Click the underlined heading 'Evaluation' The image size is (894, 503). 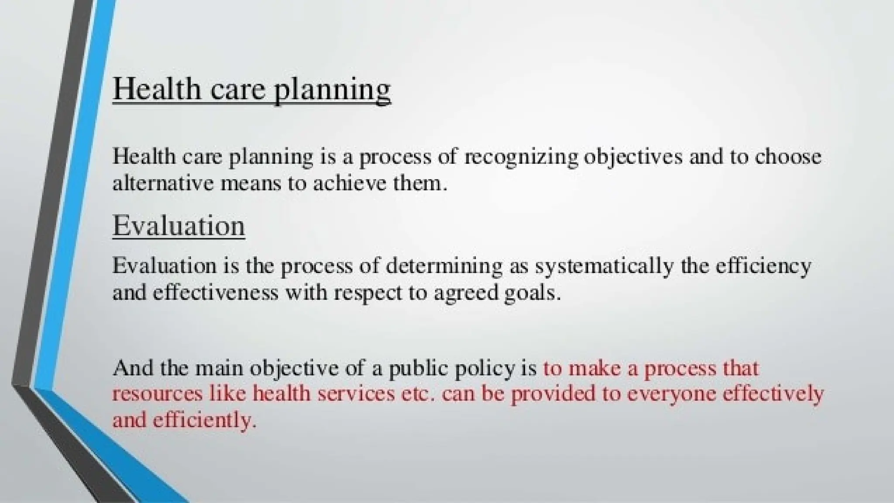(x=179, y=226)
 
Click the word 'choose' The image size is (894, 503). (x=788, y=157)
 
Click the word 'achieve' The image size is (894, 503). (x=350, y=183)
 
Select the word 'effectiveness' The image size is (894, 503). (x=215, y=293)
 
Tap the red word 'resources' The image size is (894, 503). (x=158, y=394)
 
